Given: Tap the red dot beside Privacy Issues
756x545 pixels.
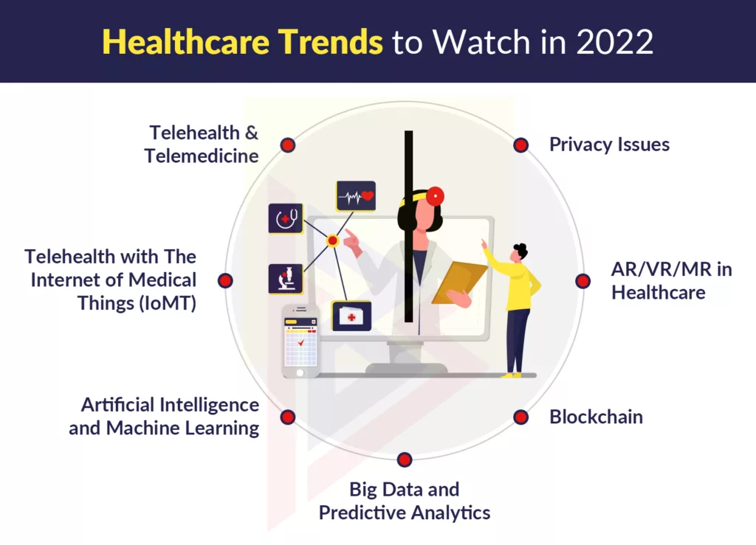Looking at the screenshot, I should [521, 145].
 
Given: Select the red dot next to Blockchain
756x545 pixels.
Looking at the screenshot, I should [521, 417].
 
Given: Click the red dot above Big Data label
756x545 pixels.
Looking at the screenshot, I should [404, 460].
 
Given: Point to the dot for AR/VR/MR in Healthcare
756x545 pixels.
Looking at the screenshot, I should [583, 281].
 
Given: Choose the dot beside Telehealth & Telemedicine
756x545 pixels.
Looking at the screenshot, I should [288, 145].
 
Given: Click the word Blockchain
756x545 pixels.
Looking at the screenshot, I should [596, 417].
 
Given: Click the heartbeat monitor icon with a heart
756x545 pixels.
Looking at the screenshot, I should [356, 196].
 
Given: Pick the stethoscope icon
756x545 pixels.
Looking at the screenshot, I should [286, 218].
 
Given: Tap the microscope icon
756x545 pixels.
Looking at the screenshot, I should [286, 279].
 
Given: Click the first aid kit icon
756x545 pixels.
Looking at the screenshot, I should [351, 316].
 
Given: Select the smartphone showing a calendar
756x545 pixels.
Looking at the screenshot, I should [300, 341].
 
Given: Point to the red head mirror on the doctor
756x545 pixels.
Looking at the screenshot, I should [435, 196].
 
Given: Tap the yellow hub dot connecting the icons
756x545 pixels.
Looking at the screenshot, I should [332, 240].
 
